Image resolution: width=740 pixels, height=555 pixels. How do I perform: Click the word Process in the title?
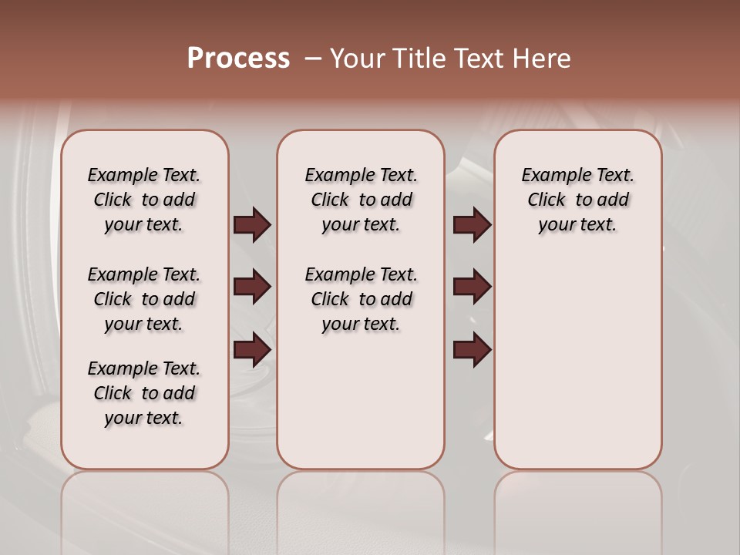(238, 59)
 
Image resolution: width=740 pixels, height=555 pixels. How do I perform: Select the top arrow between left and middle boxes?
(252, 225)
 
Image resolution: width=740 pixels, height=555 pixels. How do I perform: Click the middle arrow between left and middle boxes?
(252, 288)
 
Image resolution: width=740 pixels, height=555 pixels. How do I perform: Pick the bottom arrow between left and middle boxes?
(252, 351)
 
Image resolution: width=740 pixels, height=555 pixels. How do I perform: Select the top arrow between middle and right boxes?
(472, 225)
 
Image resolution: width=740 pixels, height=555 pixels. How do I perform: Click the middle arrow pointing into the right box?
(472, 288)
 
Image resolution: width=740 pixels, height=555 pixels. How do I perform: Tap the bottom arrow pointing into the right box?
(472, 351)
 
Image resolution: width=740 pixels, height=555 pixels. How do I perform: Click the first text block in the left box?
(144, 200)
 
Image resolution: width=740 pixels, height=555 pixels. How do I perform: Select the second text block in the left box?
(144, 299)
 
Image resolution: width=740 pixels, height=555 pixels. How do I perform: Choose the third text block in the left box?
(144, 393)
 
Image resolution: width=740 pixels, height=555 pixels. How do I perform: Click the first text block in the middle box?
(361, 200)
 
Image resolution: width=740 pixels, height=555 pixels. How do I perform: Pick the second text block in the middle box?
(361, 299)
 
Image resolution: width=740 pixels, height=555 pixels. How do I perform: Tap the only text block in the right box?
(577, 200)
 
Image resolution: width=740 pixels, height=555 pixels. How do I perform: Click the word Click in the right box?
(547, 200)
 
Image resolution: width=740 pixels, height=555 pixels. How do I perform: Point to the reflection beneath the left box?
(145, 509)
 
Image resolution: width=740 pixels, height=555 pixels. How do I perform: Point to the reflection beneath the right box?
(577, 509)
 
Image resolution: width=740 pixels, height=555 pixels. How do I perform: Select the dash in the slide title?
(312, 59)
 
